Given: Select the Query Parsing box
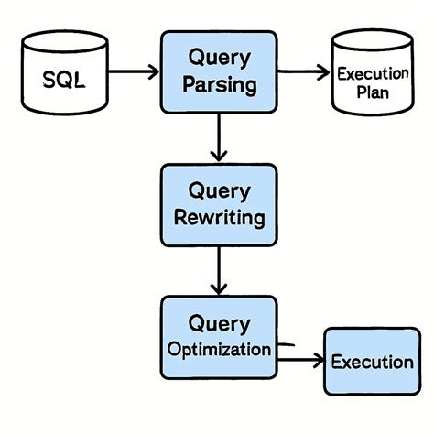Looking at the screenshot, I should pos(219,73).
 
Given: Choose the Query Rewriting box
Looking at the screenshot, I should pos(219,205).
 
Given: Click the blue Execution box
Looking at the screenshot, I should pos(372,361).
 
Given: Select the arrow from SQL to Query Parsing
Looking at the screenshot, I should pos(133,69).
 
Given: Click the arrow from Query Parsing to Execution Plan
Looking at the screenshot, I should pos(302,69).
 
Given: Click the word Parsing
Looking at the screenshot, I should pos(219,88).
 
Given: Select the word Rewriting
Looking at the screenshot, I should pos(219,219).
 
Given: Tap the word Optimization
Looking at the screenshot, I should pos(219,350).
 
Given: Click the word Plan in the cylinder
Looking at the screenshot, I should pos(372,92).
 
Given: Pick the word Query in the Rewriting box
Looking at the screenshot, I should pos(219,190).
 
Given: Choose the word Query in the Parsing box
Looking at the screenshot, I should pos(219,59).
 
